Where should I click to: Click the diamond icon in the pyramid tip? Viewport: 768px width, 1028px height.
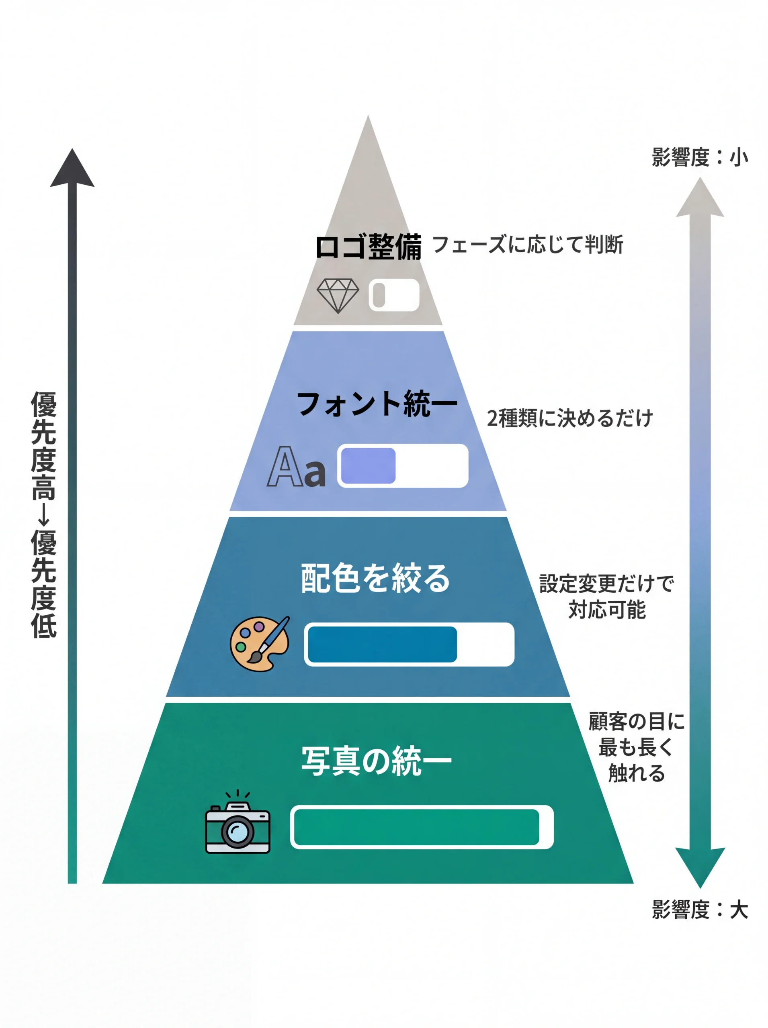pos(338,296)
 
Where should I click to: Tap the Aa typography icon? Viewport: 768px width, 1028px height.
pos(296,467)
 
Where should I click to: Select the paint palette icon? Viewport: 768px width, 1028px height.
pos(259,643)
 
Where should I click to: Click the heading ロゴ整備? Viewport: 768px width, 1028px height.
pos(368,247)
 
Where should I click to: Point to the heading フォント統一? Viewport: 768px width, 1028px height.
pos(377,404)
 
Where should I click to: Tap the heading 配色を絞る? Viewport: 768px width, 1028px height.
pos(375,578)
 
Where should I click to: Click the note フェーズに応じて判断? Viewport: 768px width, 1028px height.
pos(528,244)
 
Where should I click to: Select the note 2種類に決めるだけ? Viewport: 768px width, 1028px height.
pos(569,418)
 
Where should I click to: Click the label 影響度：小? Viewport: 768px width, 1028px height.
pos(700,157)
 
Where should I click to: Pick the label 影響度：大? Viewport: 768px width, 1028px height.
pos(700,910)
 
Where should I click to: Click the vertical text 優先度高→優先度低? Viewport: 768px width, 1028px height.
pos(44,515)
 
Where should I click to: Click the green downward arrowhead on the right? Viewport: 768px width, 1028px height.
pos(700,865)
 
